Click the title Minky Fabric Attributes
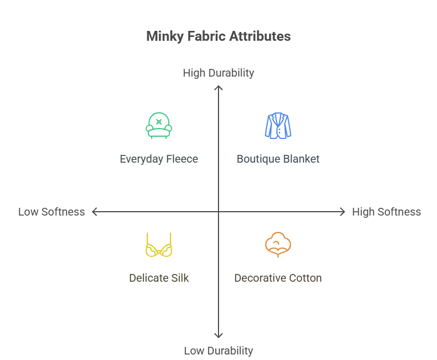pos(218,37)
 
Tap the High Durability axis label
pos(218,73)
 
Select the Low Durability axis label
pos(218,351)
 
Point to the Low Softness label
pos(51,212)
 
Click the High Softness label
pos(386,212)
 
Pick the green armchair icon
pos(159,125)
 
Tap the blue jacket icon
pos(278,125)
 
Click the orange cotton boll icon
pos(278,245)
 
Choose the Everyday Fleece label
pos(159,159)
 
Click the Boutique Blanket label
pos(278,159)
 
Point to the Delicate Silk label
pos(159,278)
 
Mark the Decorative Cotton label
pos(278,278)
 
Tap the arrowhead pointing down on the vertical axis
pos(218,336)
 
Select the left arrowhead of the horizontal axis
pos(94,212)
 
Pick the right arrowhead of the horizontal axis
pos(343,212)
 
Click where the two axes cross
pos(218,212)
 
